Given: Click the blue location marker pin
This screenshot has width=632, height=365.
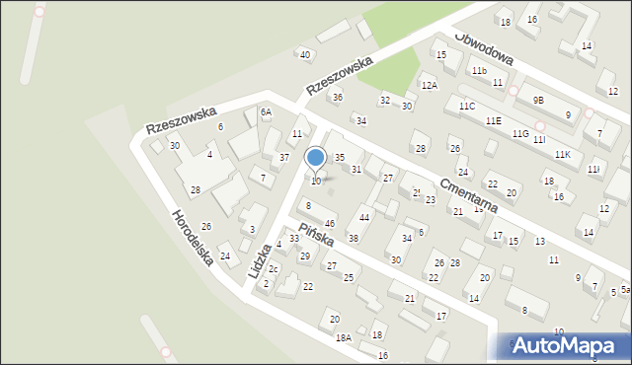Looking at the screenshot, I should [316, 158].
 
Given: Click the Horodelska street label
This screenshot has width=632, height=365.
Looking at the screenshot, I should [192, 238].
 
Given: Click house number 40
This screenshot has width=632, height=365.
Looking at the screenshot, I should [305, 54].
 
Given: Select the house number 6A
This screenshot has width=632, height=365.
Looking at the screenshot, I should [266, 112].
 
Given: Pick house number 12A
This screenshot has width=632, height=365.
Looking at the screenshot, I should [429, 86].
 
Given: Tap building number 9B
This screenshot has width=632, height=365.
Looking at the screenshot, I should [538, 100].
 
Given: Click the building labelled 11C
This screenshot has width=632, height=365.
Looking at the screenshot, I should [466, 106].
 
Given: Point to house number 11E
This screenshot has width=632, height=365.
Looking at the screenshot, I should [493, 120].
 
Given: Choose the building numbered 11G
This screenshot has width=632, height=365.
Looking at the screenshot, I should [520, 133].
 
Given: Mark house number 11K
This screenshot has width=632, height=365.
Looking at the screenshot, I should [562, 155].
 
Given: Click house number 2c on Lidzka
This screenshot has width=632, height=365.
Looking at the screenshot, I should [274, 269].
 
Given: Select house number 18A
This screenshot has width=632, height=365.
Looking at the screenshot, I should [344, 337].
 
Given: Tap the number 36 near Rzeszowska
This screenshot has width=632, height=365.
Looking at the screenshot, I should [337, 97].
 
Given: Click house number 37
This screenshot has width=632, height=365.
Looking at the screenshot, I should [283, 158].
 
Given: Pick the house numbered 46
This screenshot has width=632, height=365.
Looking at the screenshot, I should [330, 224].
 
